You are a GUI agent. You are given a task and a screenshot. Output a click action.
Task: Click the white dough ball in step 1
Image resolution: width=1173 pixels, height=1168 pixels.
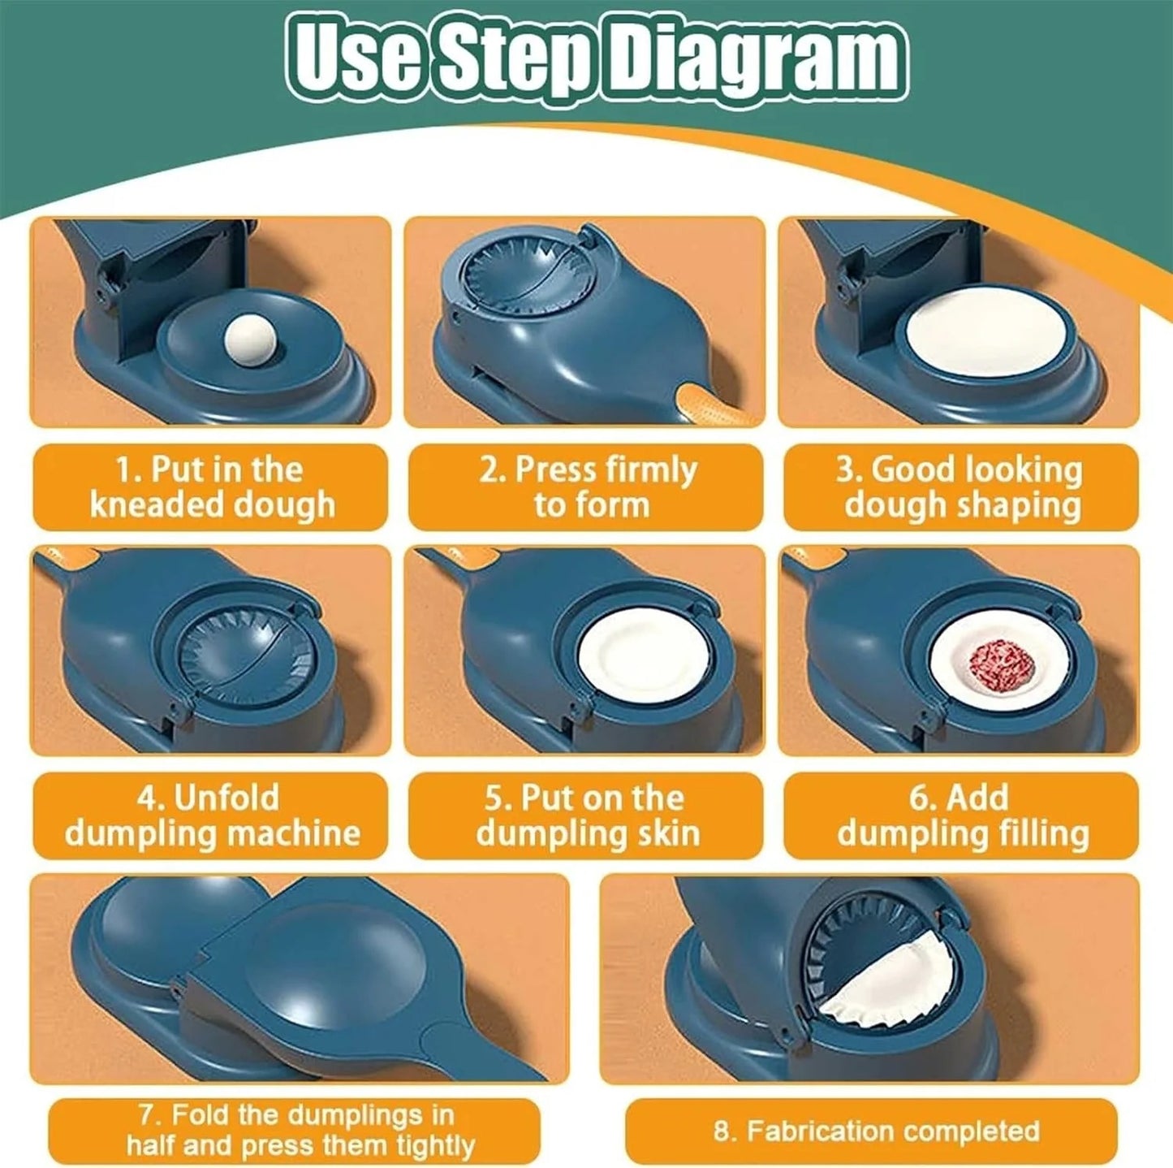click(250, 335)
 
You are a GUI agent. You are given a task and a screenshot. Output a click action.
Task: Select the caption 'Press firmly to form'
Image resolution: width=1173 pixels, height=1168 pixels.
click(586, 487)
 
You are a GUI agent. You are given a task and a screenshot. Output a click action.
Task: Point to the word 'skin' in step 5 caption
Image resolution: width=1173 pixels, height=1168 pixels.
click(668, 833)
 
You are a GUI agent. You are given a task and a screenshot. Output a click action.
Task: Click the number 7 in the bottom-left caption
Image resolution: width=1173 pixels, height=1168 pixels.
click(145, 1114)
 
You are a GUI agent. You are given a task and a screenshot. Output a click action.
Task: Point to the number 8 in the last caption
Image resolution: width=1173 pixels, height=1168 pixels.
click(722, 1131)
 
